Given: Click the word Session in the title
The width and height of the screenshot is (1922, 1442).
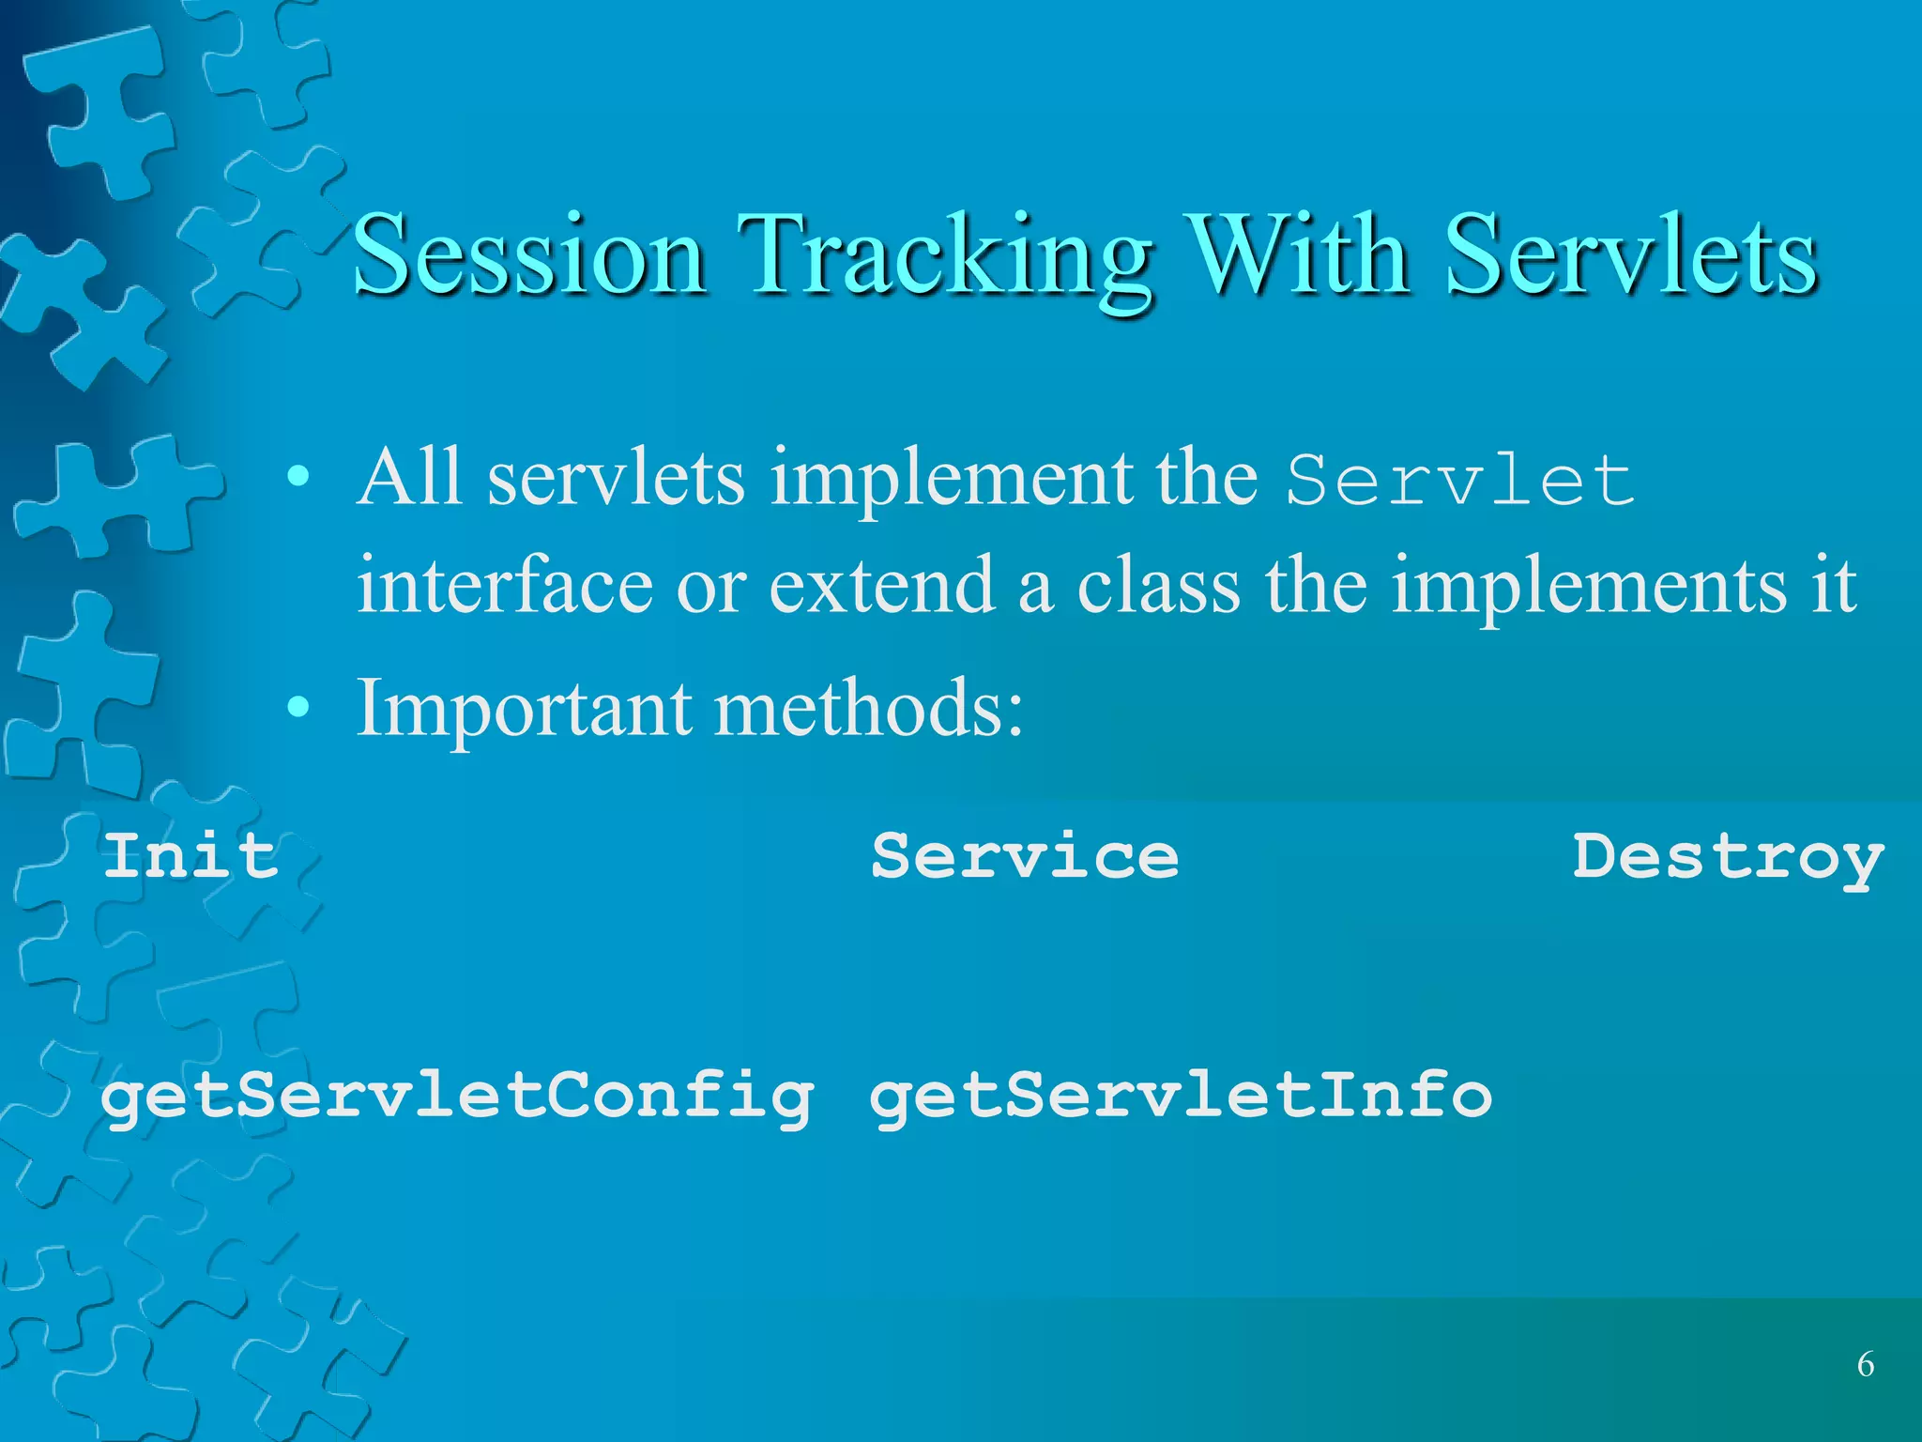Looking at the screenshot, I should pos(530,255).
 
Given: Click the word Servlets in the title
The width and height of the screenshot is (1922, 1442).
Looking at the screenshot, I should pos(1631,255).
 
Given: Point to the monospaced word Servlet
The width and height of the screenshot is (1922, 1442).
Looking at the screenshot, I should pos(1459,481).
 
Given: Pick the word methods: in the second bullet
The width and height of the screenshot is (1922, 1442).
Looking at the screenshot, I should pos(869,708).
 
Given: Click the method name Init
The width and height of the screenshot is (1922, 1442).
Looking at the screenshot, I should pos(191,856).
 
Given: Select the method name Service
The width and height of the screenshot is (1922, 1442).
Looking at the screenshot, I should pos(1025,856).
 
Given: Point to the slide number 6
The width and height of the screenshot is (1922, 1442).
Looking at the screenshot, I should pos(1866,1364).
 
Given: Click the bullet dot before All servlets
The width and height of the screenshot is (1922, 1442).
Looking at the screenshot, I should pos(297,478).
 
